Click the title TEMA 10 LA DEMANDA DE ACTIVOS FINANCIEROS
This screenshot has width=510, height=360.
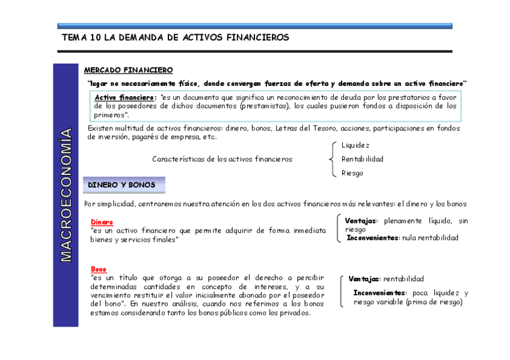(175, 37)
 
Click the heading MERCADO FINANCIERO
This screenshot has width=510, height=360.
(128, 70)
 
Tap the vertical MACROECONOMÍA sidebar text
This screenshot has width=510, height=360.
(66, 195)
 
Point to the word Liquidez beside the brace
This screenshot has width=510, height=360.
(355, 145)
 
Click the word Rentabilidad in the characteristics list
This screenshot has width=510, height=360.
(362, 159)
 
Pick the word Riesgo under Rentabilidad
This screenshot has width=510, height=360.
(352, 173)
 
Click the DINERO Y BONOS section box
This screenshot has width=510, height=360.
(122, 185)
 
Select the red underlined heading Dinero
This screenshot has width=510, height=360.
(102, 222)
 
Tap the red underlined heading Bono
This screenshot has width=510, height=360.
(99, 269)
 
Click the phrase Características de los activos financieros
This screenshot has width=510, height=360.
(222, 159)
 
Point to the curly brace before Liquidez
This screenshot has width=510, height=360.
(333, 159)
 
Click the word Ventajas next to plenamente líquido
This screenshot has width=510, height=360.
(361, 221)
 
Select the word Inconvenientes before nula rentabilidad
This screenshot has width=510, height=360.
(373, 238)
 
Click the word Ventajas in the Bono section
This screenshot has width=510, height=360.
(364, 279)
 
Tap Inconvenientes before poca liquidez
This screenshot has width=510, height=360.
(380, 293)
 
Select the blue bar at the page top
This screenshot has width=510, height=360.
(254, 26)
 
